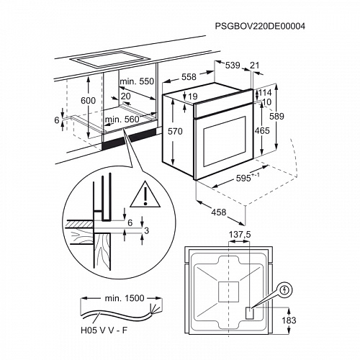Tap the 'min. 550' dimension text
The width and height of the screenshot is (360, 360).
pos(138,82)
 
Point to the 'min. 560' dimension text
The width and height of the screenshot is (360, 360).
pos(122,120)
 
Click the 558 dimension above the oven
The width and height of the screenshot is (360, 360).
pos(189,76)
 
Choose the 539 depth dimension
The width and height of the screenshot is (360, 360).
pos(233,66)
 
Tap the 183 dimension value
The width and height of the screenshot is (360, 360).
pos(289,319)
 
